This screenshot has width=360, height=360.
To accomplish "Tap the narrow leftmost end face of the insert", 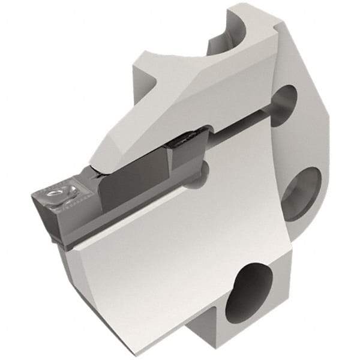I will pyautogui.click(x=37, y=204).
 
